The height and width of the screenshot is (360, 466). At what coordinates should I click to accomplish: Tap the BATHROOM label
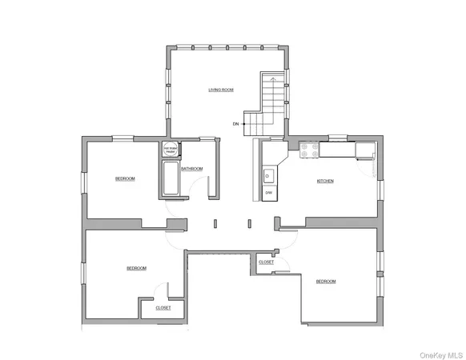pyautogui.click(x=191, y=169)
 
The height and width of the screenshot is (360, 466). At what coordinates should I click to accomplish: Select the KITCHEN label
pyautogui.click(x=325, y=182)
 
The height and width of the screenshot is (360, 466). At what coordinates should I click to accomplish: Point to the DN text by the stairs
pyautogui.click(x=235, y=124)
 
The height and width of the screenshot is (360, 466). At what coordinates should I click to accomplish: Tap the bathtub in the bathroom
pyautogui.click(x=171, y=178)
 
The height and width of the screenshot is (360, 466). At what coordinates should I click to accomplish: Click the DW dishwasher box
pyautogui.click(x=269, y=193)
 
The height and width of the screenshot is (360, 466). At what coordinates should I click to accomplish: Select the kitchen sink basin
pyautogui.click(x=269, y=176)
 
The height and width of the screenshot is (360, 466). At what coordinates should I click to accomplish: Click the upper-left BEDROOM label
pyautogui.click(x=125, y=178)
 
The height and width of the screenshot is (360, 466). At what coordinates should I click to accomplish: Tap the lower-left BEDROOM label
pyautogui.click(x=136, y=268)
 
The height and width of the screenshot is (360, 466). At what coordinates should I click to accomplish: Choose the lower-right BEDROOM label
pyautogui.click(x=325, y=281)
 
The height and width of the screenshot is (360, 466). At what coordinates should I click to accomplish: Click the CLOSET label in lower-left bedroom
pyautogui.click(x=163, y=307)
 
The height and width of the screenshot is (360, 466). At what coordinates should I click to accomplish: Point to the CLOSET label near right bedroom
pyautogui.click(x=266, y=262)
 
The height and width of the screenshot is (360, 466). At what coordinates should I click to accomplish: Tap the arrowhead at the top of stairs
pyautogui.click(x=274, y=79)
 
